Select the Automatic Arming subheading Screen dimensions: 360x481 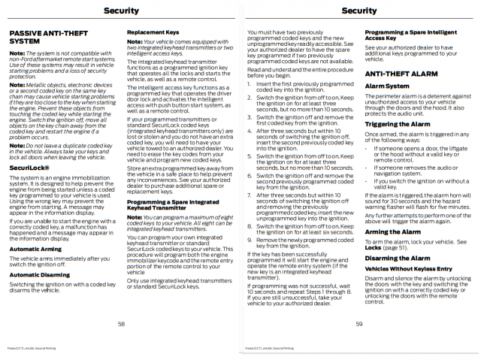click(x=36, y=228)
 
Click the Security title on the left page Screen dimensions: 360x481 click(x=120, y=11)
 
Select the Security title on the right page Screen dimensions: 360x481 click(x=359, y=11)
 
